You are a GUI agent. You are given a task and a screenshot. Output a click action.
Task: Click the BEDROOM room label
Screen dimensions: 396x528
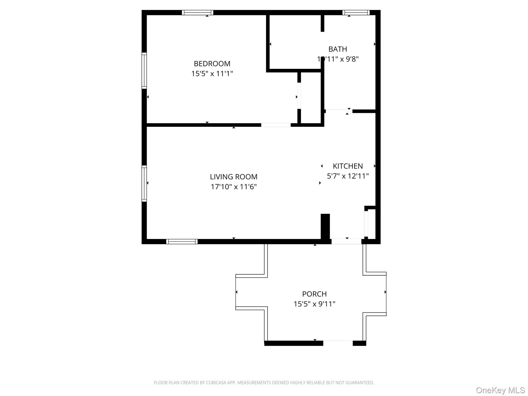[x=212, y=64]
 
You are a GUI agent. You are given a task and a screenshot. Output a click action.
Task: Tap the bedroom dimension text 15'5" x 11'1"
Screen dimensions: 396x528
[x=212, y=74]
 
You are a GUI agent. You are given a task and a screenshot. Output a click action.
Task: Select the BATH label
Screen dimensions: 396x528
[x=337, y=49]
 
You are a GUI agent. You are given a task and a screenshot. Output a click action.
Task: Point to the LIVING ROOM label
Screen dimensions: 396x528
[x=234, y=177]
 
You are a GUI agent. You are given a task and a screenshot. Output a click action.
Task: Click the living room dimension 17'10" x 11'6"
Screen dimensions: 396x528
[x=234, y=187]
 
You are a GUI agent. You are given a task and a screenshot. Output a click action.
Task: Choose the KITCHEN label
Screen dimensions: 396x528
[x=348, y=166]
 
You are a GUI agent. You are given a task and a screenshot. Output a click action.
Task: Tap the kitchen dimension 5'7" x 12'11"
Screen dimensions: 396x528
[x=348, y=176]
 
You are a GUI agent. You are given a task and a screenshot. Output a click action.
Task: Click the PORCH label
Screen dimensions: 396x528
[x=314, y=294]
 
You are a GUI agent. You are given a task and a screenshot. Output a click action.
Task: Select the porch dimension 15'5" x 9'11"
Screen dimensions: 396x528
[x=314, y=304]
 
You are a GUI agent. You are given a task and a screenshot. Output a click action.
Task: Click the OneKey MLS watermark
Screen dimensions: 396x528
[x=500, y=390]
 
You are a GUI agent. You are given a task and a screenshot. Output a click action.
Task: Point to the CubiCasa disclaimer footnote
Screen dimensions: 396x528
[x=264, y=383]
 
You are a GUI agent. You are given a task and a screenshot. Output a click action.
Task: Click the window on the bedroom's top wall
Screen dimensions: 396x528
[x=197, y=13]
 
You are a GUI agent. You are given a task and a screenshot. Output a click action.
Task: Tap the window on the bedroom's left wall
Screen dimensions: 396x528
[x=144, y=71]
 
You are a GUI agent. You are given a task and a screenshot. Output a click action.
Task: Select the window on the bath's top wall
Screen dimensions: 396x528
[x=356, y=13]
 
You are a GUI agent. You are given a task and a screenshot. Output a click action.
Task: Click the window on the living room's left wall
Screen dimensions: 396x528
[x=144, y=183]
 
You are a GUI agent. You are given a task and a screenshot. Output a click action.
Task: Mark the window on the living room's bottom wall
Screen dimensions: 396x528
[x=182, y=242]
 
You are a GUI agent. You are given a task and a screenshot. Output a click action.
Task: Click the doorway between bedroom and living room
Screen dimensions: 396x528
[x=276, y=125]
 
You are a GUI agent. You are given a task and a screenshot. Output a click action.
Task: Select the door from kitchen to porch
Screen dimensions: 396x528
[x=346, y=242]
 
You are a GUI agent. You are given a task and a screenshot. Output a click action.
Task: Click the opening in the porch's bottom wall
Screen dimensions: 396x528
[x=338, y=343]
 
